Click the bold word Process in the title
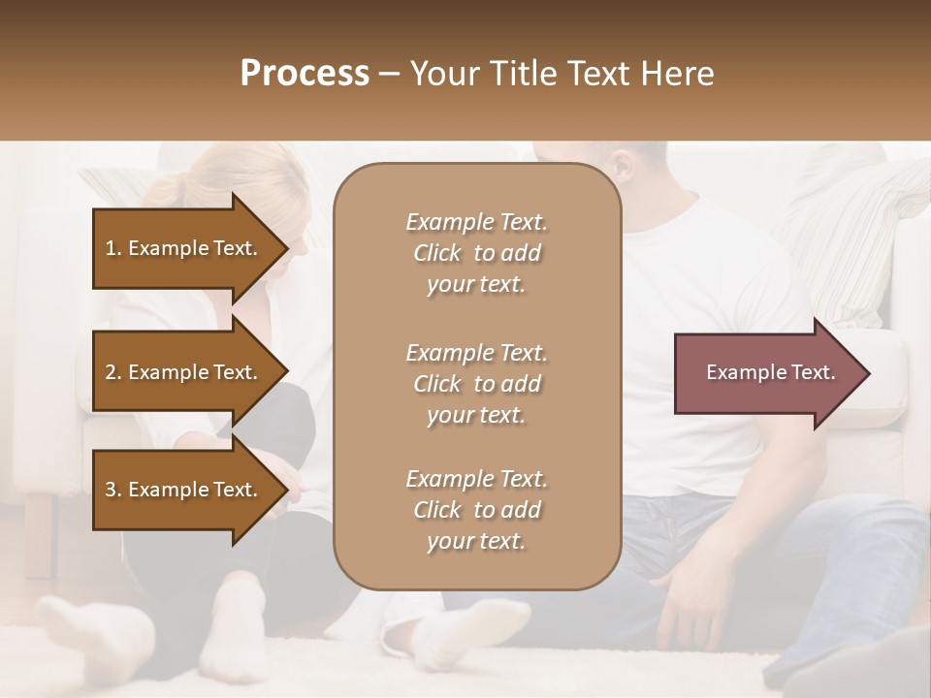[x=305, y=74]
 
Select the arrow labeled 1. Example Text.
[x=182, y=248]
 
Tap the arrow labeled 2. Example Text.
[x=182, y=372]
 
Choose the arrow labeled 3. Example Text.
[x=182, y=490]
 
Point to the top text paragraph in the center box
[x=476, y=253]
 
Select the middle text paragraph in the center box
[x=476, y=384]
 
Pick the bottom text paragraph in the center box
[x=476, y=510]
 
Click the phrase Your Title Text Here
[x=562, y=74]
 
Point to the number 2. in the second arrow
[x=112, y=372]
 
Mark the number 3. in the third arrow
[x=112, y=490]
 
